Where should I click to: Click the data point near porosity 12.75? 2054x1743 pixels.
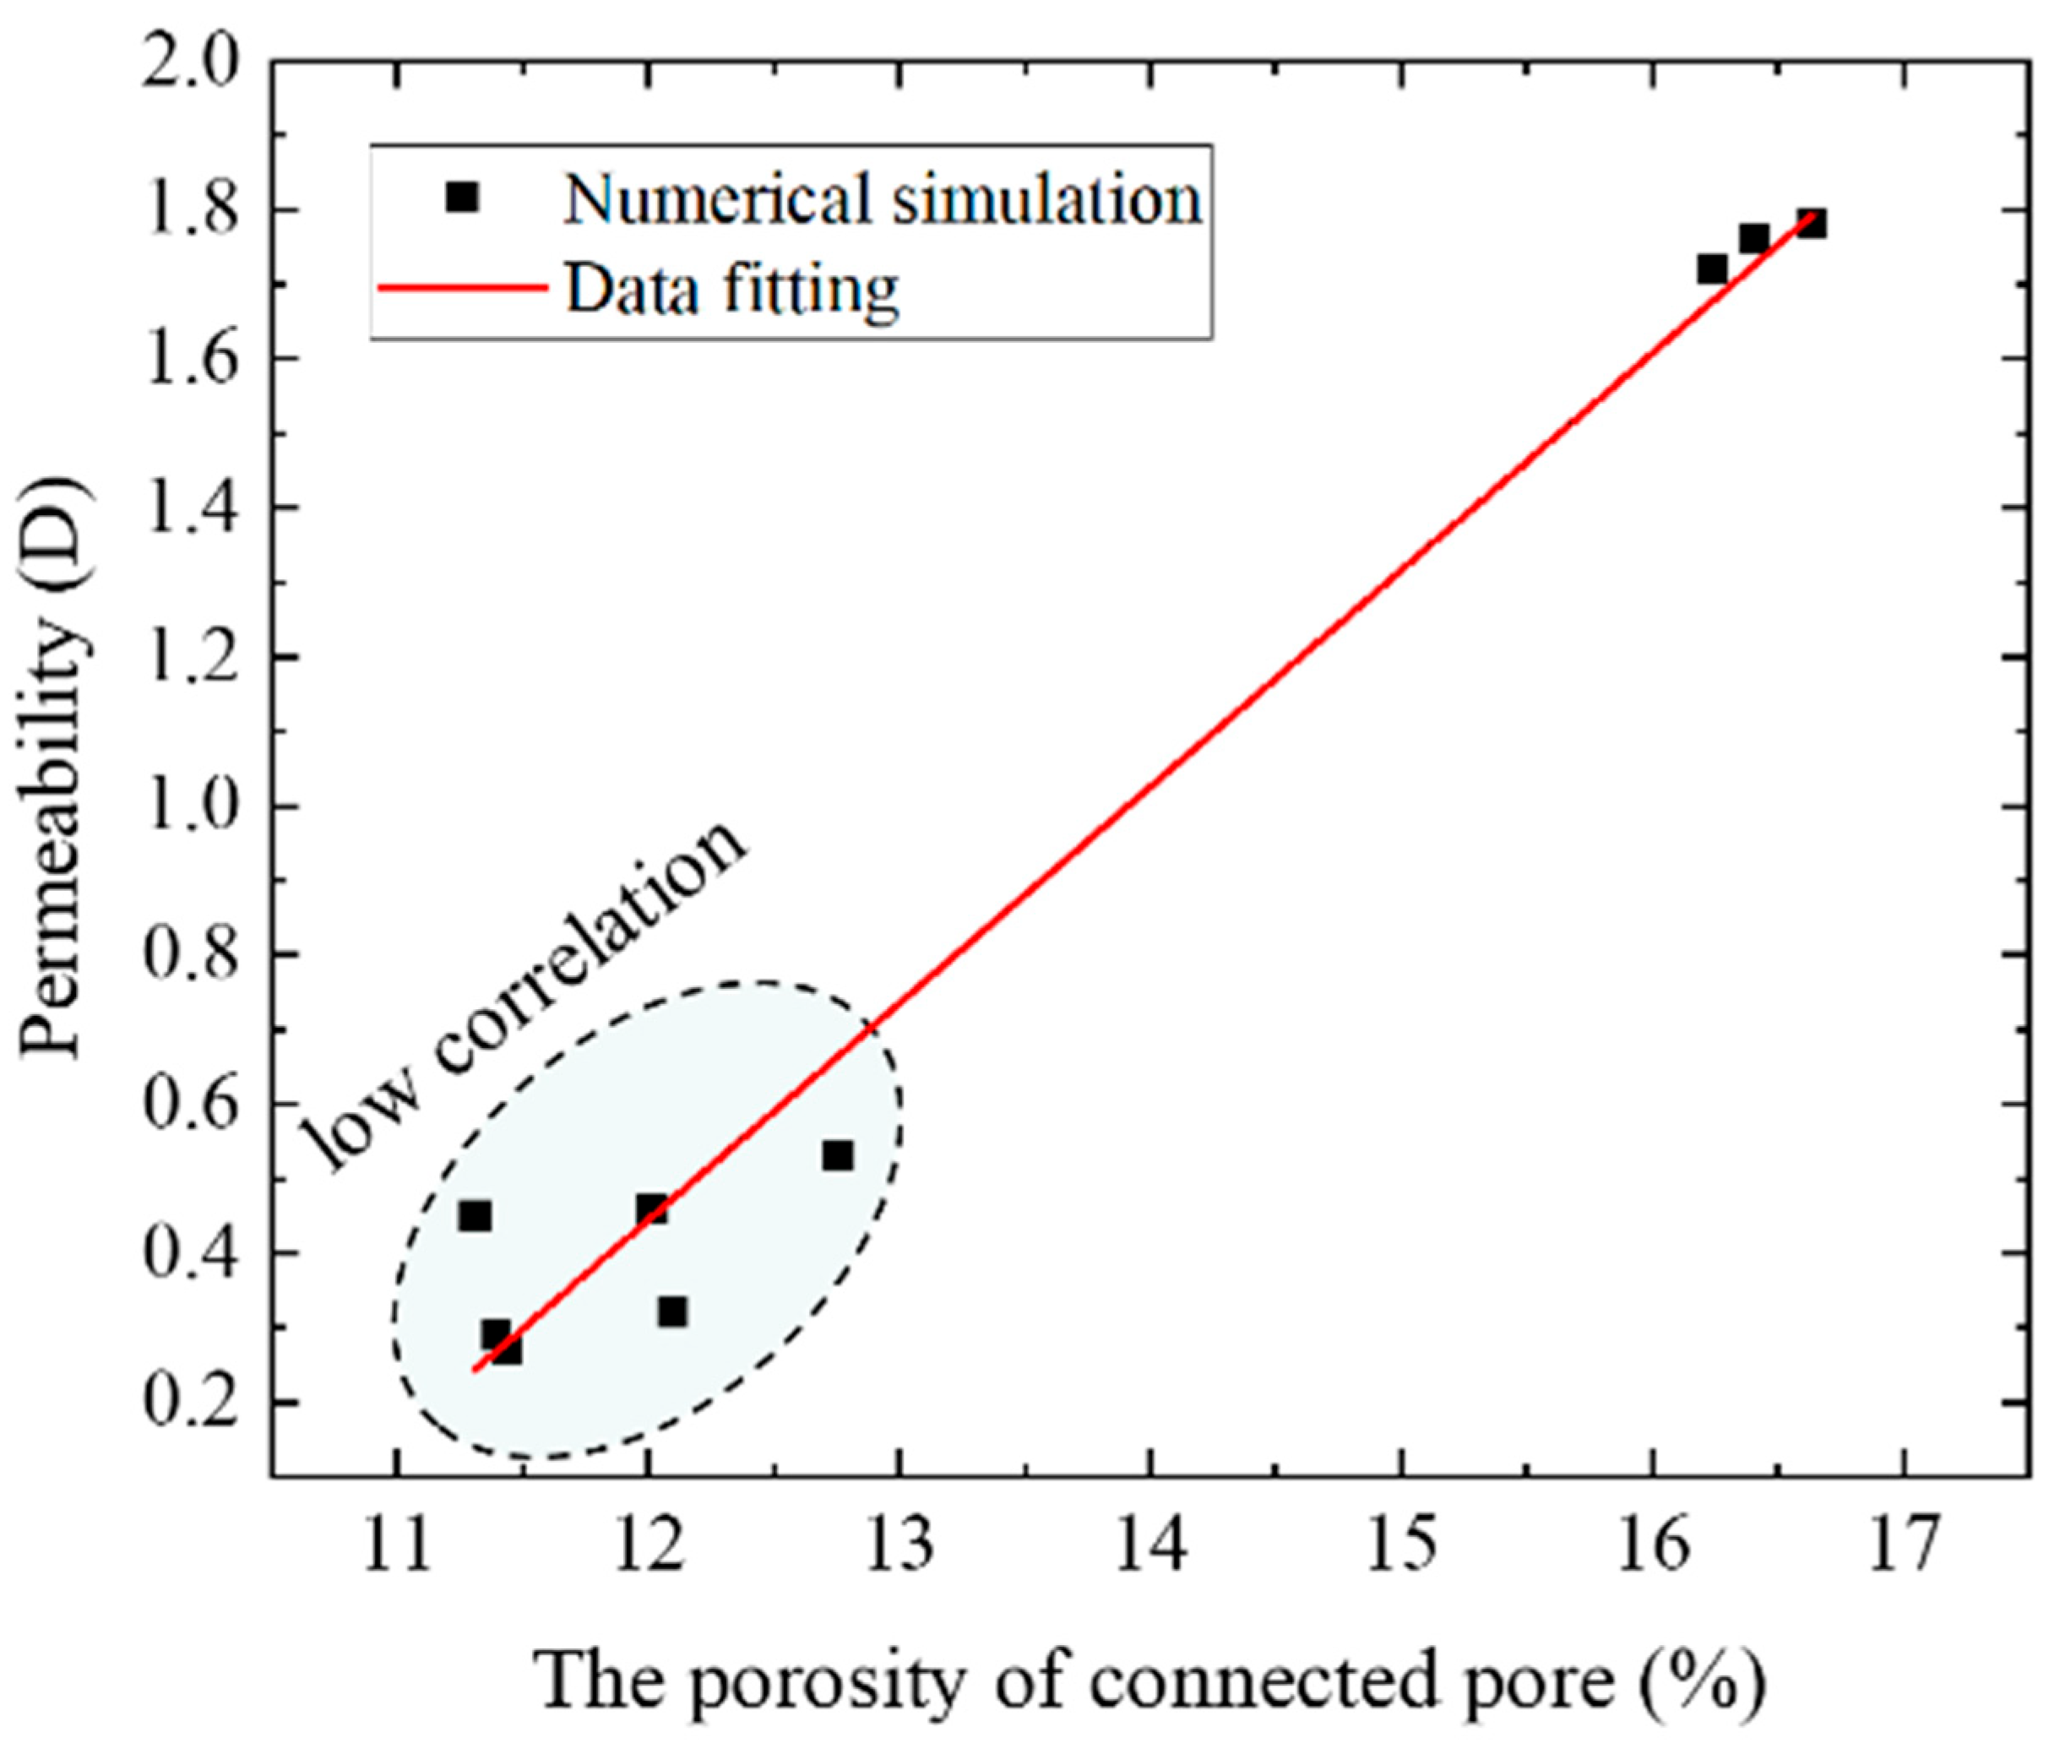pos(837,1155)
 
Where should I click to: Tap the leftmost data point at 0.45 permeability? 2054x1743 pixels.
pos(475,1216)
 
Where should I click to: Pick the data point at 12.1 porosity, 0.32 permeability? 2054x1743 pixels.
pos(671,1312)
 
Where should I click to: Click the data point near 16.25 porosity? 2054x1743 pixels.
pos(1712,269)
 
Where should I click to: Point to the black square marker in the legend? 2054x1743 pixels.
pos(461,198)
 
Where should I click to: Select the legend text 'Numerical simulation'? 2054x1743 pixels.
pos(883,198)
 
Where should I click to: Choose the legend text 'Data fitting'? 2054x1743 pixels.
pos(731,290)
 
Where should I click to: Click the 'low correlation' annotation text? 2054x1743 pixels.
pos(524,998)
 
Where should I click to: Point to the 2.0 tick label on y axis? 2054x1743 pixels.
pos(192,62)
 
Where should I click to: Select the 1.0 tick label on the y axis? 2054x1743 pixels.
pos(192,806)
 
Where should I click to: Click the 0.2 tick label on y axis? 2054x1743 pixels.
pos(192,1402)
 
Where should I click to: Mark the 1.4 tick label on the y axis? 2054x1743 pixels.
pos(192,508)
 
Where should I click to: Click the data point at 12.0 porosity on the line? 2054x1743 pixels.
pos(651,1208)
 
